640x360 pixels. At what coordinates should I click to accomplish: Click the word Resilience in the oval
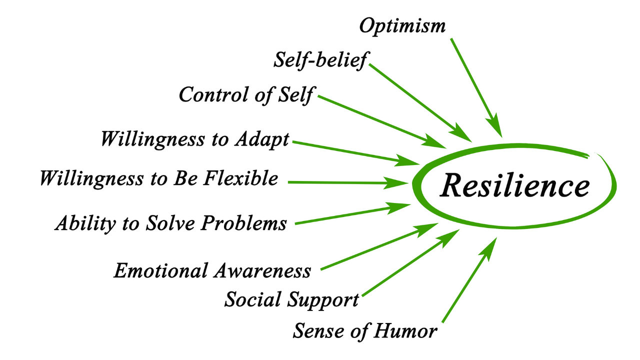(515, 185)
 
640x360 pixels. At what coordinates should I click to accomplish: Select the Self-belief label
(320, 60)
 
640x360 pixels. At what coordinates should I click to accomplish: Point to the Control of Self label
(247, 94)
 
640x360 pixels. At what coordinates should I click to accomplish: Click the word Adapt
(262, 139)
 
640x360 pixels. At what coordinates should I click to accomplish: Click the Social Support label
(291, 300)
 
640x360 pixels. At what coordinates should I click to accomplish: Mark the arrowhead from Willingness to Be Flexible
(400, 183)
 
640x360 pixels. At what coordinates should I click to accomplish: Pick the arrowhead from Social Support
(451, 236)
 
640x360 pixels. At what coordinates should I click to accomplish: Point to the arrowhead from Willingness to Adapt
(410, 161)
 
